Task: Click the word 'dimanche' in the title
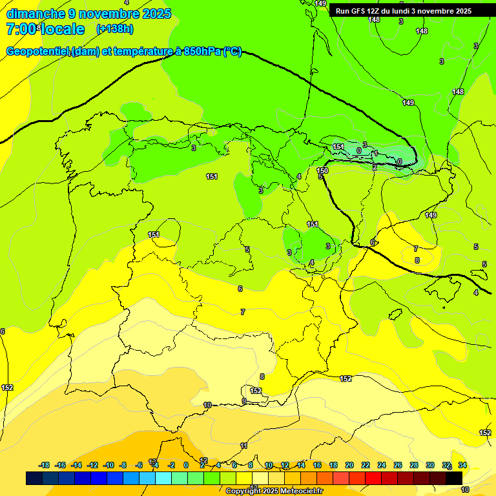point(36,14)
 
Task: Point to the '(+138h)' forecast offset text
point(114,29)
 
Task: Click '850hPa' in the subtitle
point(202,52)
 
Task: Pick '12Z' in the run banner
point(375,11)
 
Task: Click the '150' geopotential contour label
point(323,170)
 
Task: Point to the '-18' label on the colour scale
point(45,465)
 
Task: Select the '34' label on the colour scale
point(462,465)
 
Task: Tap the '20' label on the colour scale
point(349,465)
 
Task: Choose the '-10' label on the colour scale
point(108,465)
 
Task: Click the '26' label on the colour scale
point(398,465)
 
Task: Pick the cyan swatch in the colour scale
point(163,478)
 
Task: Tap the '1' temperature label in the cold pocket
point(375,154)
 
